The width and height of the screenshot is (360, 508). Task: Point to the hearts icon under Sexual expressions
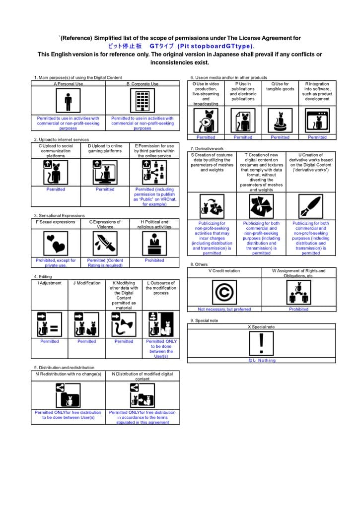coord(56,243)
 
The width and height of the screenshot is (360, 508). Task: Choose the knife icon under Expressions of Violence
coord(105,243)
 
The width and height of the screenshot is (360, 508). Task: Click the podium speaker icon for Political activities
coord(154,243)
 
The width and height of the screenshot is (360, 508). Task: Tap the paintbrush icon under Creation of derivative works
coord(310,206)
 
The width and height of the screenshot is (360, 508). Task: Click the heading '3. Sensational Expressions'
coord(59,216)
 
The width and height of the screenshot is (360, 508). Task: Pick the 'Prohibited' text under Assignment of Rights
coord(298,309)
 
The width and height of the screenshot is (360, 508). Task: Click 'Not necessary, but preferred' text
coord(224,309)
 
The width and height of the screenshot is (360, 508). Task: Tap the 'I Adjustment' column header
coord(49,283)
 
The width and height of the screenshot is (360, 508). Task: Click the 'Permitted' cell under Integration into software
coord(317,137)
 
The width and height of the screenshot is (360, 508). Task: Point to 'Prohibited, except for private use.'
coord(56,262)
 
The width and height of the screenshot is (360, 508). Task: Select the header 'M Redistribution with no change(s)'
coord(68,374)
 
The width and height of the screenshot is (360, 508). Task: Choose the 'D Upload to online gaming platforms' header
coord(105,148)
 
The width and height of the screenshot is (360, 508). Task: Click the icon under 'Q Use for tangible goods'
coord(280,120)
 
